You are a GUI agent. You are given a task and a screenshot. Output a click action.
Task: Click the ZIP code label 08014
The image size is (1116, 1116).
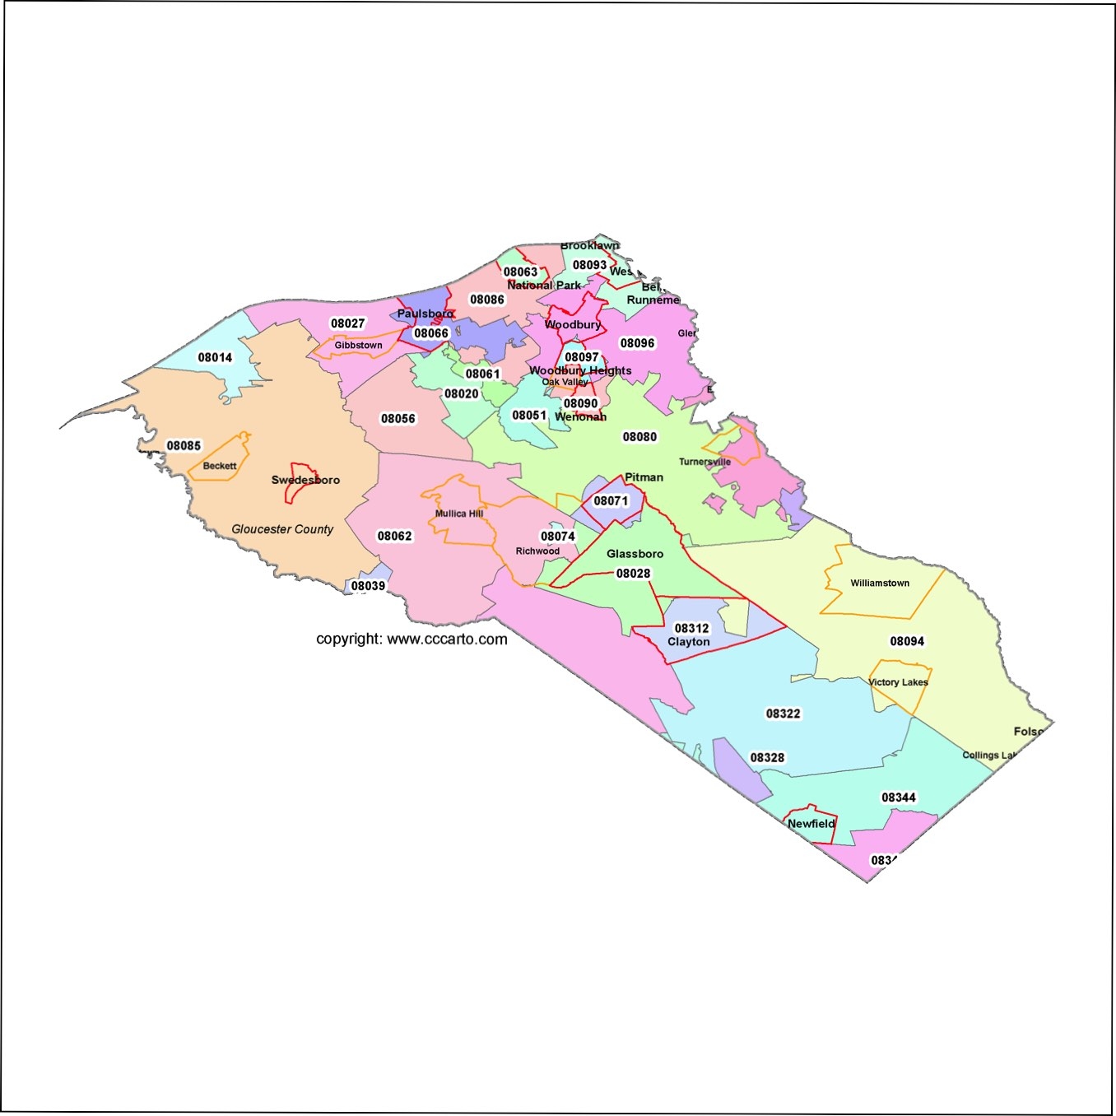point(215,357)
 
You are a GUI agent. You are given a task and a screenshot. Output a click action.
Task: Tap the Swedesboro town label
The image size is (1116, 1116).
point(305,480)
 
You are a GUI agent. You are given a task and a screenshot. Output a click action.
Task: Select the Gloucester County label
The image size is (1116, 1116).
point(282,529)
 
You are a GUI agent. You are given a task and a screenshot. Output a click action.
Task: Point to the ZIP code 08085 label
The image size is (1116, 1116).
point(184,445)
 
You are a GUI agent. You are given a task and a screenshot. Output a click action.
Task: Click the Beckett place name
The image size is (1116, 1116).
point(220,466)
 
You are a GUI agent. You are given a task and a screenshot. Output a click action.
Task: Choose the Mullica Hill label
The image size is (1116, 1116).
point(459,514)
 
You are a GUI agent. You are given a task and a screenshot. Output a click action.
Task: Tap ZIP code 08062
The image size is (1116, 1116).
point(394,536)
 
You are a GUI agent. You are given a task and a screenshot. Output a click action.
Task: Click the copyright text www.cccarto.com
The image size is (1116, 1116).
point(412,639)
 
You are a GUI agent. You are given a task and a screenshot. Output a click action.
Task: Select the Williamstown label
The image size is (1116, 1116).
point(880,583)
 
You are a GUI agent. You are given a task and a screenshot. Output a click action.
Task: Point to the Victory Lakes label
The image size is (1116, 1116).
point(898,682)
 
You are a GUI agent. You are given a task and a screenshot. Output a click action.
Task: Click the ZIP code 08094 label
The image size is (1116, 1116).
point(907,641)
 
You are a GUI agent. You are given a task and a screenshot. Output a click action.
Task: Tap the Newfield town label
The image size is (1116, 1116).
point(811,823)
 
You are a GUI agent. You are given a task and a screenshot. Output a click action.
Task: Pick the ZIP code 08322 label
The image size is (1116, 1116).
point(783,714)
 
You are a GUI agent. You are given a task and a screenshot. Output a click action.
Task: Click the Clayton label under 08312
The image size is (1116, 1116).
point(689,642)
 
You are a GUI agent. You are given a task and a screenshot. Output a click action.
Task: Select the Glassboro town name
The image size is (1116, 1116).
point(635,554)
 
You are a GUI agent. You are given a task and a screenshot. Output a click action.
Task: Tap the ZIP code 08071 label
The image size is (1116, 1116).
point(611,500)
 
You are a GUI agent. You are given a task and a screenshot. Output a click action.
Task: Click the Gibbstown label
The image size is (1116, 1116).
point(358,345)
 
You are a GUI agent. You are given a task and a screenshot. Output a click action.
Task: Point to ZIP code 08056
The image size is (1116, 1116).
point(398,418)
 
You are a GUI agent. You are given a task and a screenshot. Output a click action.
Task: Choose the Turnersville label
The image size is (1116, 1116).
point(704,462)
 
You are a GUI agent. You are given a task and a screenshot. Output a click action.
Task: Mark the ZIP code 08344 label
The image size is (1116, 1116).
point(899,797)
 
